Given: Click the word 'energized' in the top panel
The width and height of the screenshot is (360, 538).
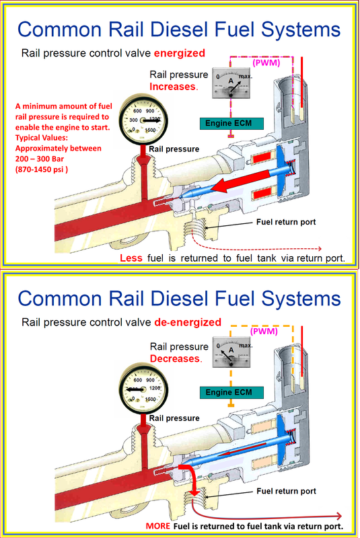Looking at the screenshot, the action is click(x=180, y=54).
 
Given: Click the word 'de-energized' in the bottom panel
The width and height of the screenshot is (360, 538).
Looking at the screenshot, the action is click(x=188, y=323).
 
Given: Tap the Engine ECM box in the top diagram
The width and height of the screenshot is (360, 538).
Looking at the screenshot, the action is click(x=231, y=124).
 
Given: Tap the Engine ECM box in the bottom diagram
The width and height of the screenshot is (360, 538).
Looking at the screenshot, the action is click(x=231, y=393).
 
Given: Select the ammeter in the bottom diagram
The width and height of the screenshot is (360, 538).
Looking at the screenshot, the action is click(x=231, y=352).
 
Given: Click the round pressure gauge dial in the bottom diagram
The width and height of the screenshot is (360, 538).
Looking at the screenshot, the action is click(x=143, y=389).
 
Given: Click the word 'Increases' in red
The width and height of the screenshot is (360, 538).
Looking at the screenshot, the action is click(x=173, y=87).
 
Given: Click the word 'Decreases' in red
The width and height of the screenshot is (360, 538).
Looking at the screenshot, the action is click(x=175, y=359).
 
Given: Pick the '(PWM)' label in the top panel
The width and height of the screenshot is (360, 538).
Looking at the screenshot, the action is click(x=266, y=63).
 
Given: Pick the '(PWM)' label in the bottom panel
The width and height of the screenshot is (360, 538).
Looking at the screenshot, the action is click(x=264, y=332).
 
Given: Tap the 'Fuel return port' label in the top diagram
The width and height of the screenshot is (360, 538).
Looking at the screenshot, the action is click(x=286, y=222).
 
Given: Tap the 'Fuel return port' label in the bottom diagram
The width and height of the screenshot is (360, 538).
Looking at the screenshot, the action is click(x=286, y=492).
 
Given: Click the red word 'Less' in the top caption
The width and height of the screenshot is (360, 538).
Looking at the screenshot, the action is click(x=131, y=258).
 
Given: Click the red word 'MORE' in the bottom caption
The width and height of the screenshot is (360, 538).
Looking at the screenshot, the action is click(x=158, y=527).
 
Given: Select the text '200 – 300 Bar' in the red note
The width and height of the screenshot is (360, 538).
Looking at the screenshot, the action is click(x=40, y=159).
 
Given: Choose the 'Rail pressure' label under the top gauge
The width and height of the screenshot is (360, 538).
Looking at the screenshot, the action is click(x=174, y=149).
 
